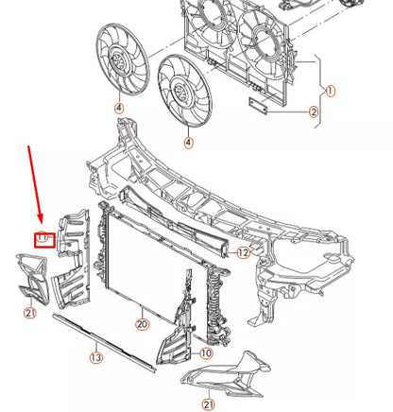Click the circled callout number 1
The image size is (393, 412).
pyautogui.click(x=330, y=91)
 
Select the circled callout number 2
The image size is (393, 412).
pyautogui.click(x=314, y=112)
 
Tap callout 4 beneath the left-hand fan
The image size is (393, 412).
pyautogui.click(x=119, y=109)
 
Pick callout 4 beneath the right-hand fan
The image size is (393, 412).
pyautogui.click(x=188, y=143)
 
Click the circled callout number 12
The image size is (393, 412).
pyautogui.click(x=243, y=252)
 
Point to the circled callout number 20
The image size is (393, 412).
pyautogui.click(x=143, y=324)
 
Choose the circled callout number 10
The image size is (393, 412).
pyautogui.click(x=206, y=353)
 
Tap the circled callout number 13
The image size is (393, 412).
pyautogui.click(x=96, y=357)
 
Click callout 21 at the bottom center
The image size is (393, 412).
pyautogui.click(x=209, y=404)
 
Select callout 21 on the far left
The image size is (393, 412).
pyautogui.click(x=30, y=313)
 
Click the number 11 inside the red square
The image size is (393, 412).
pyautogui.click(x=42, y=237)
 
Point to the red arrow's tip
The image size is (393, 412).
pyautogui.click(x=40, y=222)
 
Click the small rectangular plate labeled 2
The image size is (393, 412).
pyautogui.click(x=258, y=106)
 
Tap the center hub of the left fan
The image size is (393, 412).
pyautogui.click(x=119, y=60)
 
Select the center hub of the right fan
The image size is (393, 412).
pyautogui.click(x=181, y=92)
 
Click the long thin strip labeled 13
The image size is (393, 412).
pyautogui.click(x=104, y=343)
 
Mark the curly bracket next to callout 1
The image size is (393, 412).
pyautogui.click(x=320, y=92)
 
